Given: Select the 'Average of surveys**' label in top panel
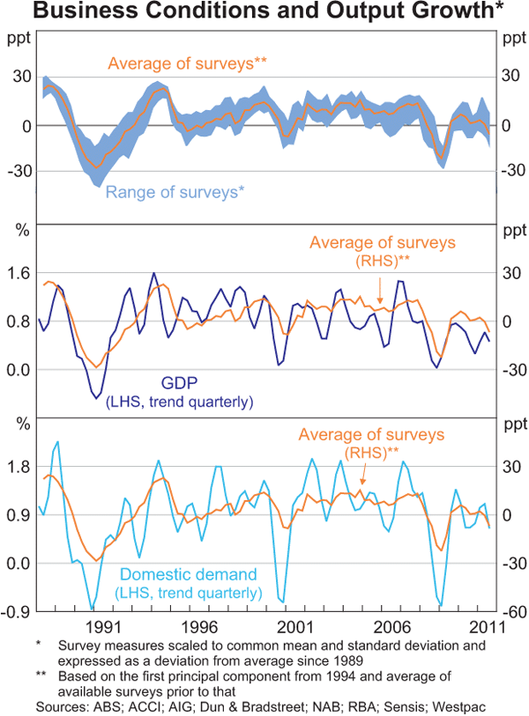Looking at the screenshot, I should click(187, 63).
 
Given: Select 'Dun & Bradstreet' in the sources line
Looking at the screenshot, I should click(223, 707).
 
